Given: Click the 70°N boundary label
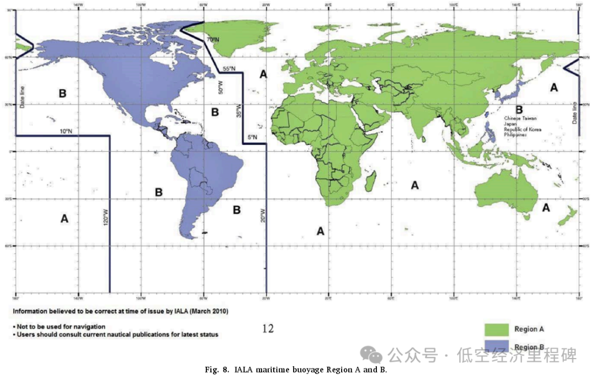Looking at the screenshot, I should (213, 40).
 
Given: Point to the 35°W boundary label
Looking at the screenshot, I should (239, 113).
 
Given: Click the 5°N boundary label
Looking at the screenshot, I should (251, 138).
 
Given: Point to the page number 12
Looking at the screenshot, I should (268, 329).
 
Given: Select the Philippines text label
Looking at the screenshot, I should (517, 136).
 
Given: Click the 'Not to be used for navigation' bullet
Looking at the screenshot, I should (60, 327).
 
